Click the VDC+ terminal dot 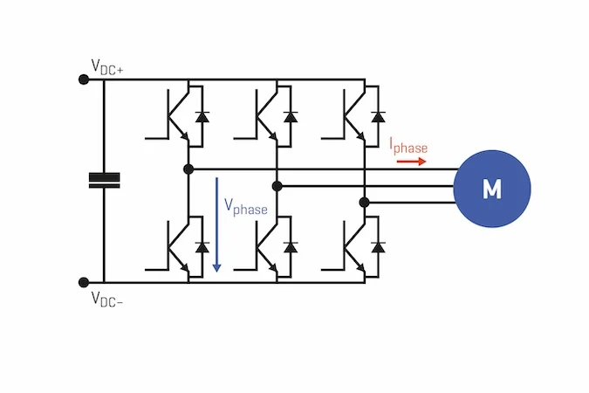(84, 79)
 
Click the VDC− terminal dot (84, 282)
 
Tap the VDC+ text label (107, 67)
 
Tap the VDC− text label (107, 300)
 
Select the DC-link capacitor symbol (105, 180)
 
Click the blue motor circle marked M (492, 189)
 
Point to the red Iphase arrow (411, 162)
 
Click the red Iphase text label (408, 147)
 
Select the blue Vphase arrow (216, 224)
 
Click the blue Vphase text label (246, 207)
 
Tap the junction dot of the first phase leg (188, 169)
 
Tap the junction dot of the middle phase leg (277, 186)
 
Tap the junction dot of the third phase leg (365, 203)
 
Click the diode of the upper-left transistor (202, 116)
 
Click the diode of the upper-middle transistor (291, 116)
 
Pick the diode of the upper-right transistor (378, 116)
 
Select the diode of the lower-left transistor (202, 247)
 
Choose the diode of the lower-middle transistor (291, 247)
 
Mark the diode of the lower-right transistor (378, 247)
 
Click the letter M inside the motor (492, 190)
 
